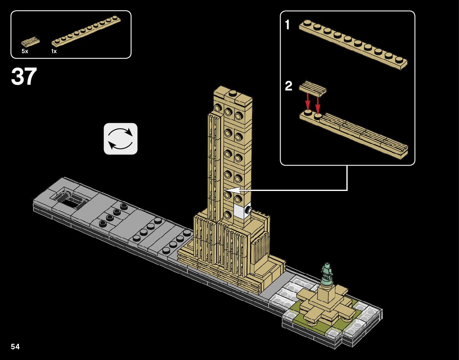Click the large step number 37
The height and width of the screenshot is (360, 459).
(24, 76)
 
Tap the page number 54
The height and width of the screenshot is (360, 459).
(15, 347)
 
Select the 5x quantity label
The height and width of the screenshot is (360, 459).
(25, 51)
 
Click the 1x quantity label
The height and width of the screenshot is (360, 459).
(54, 51)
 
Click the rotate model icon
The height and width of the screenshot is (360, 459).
(121, 139)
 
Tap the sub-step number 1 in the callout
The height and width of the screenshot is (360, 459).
(287, 25)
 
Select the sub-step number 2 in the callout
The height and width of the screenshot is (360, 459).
(289, 86)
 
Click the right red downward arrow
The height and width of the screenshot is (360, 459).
(318, 102)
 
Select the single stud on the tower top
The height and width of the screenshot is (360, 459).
(233, 93)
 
